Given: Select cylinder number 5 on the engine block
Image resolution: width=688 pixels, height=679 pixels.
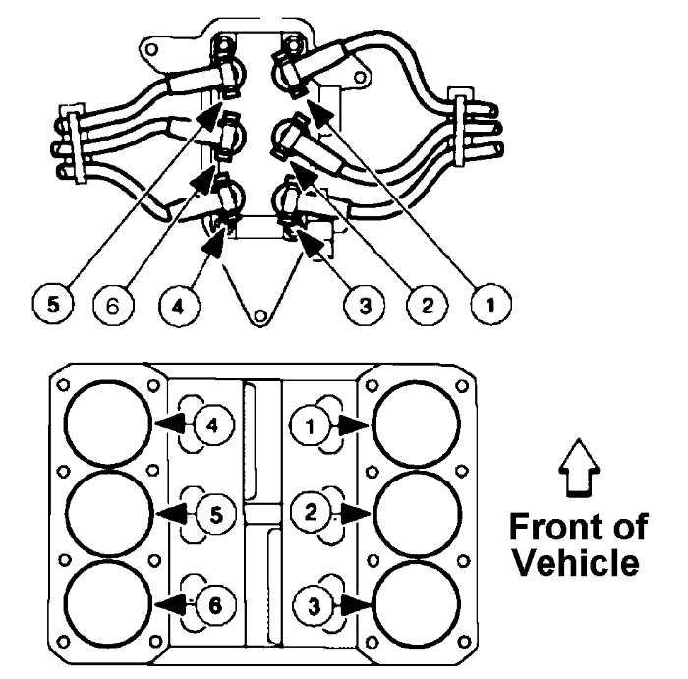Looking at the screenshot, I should tap(209, 511).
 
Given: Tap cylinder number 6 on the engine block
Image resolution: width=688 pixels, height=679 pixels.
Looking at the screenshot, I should tap(209, 597).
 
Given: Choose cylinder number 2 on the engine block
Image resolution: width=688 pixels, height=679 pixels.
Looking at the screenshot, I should tap(308, 511).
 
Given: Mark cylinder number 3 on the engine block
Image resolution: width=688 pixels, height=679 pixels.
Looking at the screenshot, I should tap(308, 597).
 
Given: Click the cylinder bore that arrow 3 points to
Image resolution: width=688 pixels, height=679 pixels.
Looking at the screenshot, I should tap(414, 596).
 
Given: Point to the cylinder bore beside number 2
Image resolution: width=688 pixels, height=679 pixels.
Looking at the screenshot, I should tap(414, 511).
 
